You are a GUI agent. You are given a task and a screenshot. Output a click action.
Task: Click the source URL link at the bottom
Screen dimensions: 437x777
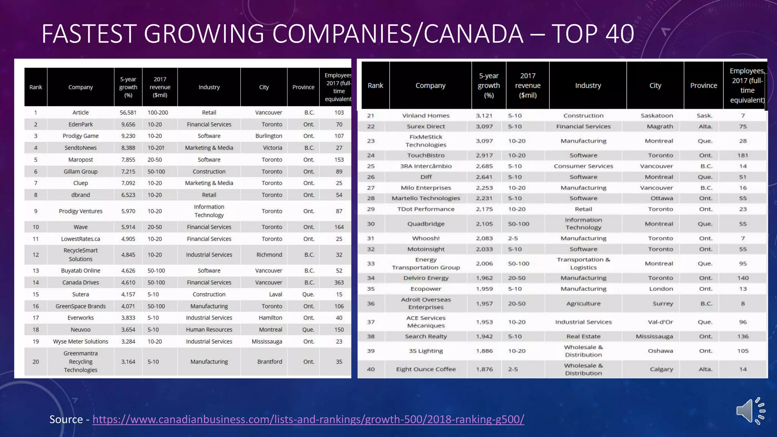point(308,419)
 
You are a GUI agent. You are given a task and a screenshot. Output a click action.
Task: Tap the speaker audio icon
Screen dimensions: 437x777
point(750,411)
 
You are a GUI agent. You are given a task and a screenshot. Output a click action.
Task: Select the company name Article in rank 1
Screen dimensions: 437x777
point(80,113)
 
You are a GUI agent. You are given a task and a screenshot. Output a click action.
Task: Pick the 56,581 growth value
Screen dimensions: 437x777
point(128,113)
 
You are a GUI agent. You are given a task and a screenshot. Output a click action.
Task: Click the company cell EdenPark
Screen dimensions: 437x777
point(80,124)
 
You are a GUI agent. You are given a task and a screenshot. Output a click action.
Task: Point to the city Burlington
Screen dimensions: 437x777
point(269,136)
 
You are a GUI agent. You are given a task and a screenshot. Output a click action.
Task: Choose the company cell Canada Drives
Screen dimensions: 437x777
point(80,283)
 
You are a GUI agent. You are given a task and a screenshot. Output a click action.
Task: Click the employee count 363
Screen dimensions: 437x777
point(339,283)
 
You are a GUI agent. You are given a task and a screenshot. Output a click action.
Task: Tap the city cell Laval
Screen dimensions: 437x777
point(275,294)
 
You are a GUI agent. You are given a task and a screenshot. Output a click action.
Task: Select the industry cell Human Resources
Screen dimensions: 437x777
point(209,330)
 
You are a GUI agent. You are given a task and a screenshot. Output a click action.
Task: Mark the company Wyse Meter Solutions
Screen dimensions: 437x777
point(80,341)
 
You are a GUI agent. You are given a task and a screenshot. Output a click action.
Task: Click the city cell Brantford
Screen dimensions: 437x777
point(269,362)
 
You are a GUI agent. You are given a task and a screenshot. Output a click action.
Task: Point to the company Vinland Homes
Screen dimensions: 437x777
point(426,116)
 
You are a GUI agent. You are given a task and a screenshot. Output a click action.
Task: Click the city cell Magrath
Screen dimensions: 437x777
point(660,126)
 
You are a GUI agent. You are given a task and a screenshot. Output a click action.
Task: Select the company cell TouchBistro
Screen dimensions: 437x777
point(426,155)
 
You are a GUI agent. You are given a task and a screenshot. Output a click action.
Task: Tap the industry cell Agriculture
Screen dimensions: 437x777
point(583,303)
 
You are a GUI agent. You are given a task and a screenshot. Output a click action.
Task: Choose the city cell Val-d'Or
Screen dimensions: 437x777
point(660,322)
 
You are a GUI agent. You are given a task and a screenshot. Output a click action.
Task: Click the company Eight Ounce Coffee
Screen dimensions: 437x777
point(426,369)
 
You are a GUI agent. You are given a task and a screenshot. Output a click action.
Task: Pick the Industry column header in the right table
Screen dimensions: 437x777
point(588,86)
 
